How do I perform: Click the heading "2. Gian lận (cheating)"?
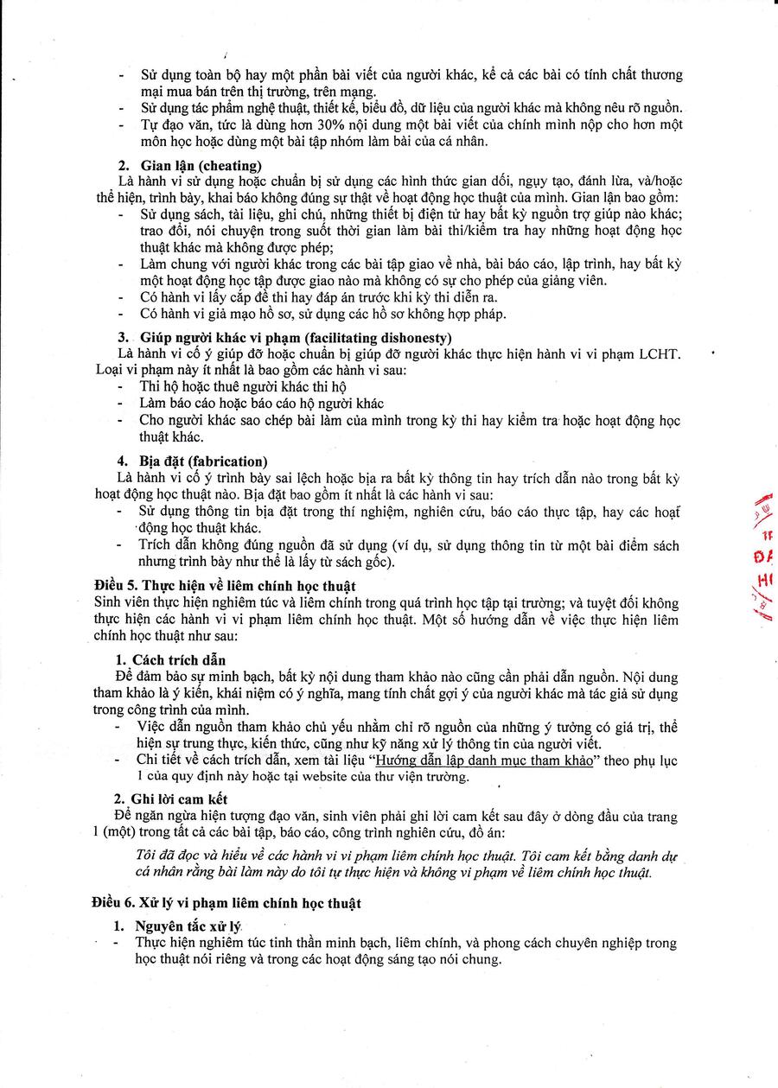pos(189,165)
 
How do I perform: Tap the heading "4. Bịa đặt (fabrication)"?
pos(192,461)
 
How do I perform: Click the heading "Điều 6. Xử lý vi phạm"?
pos(225,903)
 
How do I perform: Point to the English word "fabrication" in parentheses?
pos(227,461)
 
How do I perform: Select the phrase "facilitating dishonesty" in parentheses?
pos(376,337)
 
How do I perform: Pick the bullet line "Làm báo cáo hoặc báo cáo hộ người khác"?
pos(262,404)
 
